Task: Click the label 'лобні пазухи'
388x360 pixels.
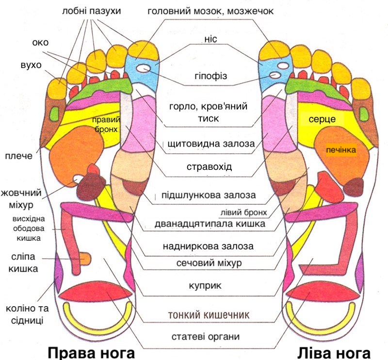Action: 92,10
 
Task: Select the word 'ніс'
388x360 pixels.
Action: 210,41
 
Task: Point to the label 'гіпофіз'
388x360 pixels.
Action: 210,77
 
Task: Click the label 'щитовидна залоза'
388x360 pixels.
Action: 210,145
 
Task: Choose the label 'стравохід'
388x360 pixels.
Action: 210,166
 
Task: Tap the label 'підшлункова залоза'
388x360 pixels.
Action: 209,196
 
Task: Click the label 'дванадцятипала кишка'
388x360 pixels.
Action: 210,224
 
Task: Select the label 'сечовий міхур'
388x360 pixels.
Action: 209,262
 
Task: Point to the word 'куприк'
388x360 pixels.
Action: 210,285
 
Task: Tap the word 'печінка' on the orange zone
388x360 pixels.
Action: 341,150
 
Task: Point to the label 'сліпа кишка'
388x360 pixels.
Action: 24,262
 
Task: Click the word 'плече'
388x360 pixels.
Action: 18,156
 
